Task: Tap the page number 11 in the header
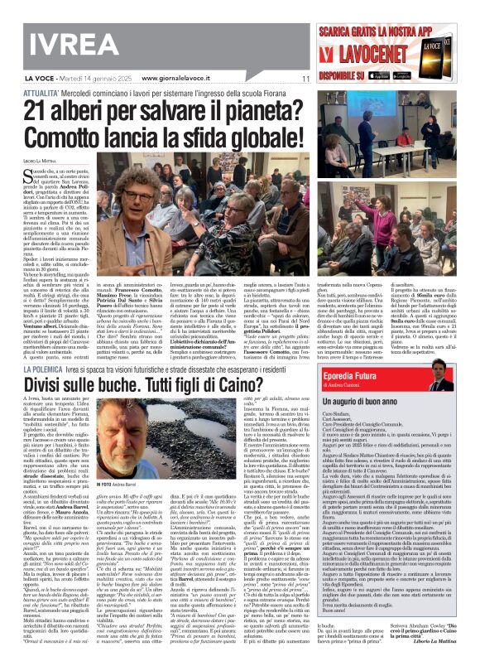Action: tap(305, 80)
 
